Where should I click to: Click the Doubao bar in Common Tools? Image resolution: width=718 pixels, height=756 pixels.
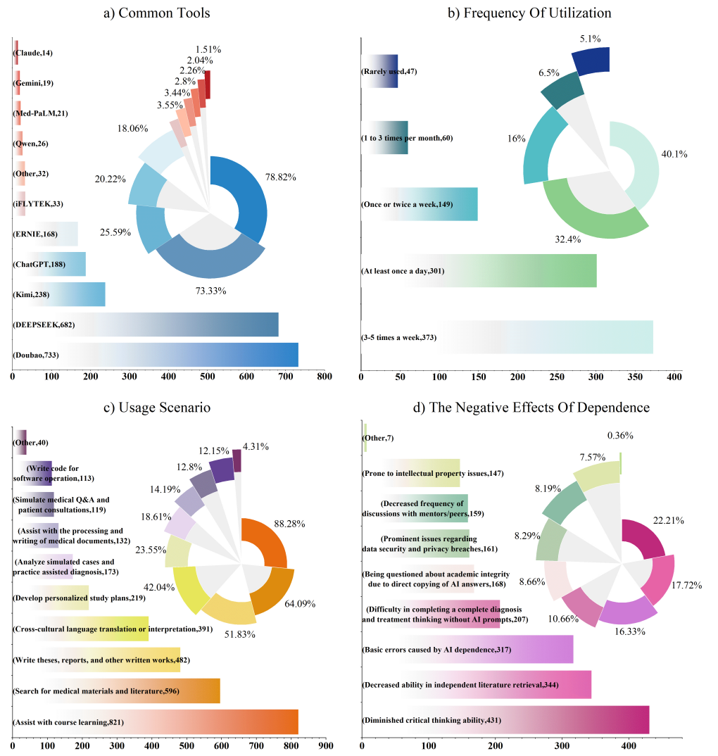tap(156, 355)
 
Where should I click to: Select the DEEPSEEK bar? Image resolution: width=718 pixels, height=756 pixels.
tap(146, 325)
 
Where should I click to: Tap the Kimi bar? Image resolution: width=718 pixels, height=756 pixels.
tap(59, 294)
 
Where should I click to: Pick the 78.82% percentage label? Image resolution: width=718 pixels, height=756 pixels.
tap(281, 177)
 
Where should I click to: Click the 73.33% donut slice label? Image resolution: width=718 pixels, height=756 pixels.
tap(210, 291)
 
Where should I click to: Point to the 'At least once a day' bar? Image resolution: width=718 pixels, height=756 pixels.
tap(479, 270)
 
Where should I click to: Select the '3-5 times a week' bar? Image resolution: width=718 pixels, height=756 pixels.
tap(508, 337)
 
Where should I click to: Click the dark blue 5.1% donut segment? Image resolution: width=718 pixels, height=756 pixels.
tap(592, 61)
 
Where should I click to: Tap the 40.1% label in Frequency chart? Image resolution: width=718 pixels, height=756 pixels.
tap(674, 154)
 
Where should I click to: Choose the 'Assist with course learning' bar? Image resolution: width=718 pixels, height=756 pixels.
tap(156, 722)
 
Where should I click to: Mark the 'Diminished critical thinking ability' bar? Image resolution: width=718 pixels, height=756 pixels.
tap(506, 720)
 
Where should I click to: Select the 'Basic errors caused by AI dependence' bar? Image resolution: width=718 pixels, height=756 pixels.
tap(467, 649)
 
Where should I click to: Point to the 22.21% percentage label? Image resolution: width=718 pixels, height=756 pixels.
tap(668, 520)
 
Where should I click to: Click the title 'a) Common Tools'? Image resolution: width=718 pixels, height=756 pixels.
tap(157, 13)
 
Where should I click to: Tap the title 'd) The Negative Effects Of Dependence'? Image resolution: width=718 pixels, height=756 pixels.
tap(531, 408)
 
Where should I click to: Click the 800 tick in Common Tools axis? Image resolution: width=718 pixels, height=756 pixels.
tap(325, 377)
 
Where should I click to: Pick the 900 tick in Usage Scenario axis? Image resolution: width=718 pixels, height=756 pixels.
tap(326, 746)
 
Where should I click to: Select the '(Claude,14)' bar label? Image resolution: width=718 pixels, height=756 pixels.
tap(33, 53)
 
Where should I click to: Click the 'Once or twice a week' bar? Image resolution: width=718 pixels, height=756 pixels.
tap(420, 204)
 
